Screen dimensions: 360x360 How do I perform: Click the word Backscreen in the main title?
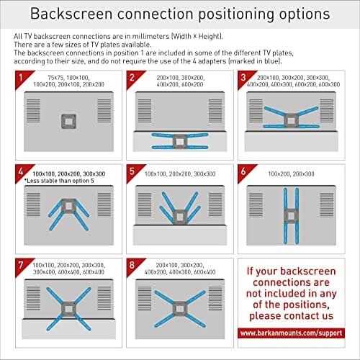point(71,14)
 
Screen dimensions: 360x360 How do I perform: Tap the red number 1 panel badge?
point(22,78)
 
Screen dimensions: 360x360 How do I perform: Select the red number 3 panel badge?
point(245,78)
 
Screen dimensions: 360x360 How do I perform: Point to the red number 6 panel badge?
point(245,171)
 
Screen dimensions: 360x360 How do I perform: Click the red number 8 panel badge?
point(133,265)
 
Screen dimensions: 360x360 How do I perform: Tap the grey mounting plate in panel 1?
point(68,122)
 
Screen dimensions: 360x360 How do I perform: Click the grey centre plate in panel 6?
point(291,217)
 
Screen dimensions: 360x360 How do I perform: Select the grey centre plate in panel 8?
point(180,309)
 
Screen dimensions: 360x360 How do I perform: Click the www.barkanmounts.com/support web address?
point(291,333)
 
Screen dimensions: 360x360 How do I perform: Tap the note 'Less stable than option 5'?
point(59,181)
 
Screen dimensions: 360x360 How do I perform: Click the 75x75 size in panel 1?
point(55,78)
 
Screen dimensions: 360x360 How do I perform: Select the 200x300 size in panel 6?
point(304,174)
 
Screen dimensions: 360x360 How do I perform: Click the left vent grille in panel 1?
point(33,111)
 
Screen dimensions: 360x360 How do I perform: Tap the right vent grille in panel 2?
point(215,111)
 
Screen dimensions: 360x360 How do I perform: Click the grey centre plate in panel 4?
point(68,206)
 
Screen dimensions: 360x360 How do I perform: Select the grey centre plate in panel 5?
point(180,217)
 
